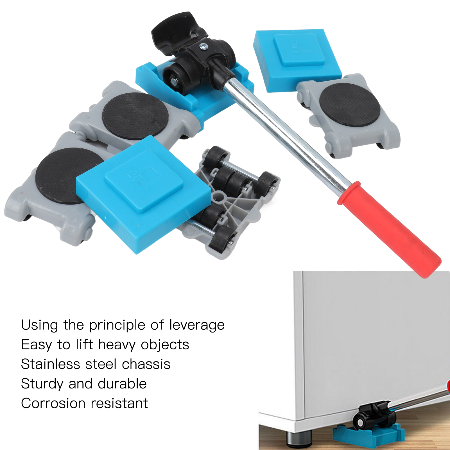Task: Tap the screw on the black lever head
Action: (203, 47)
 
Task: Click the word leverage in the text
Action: (197, 325)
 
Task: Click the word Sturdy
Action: (42, 384)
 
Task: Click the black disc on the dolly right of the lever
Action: (350, 105)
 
